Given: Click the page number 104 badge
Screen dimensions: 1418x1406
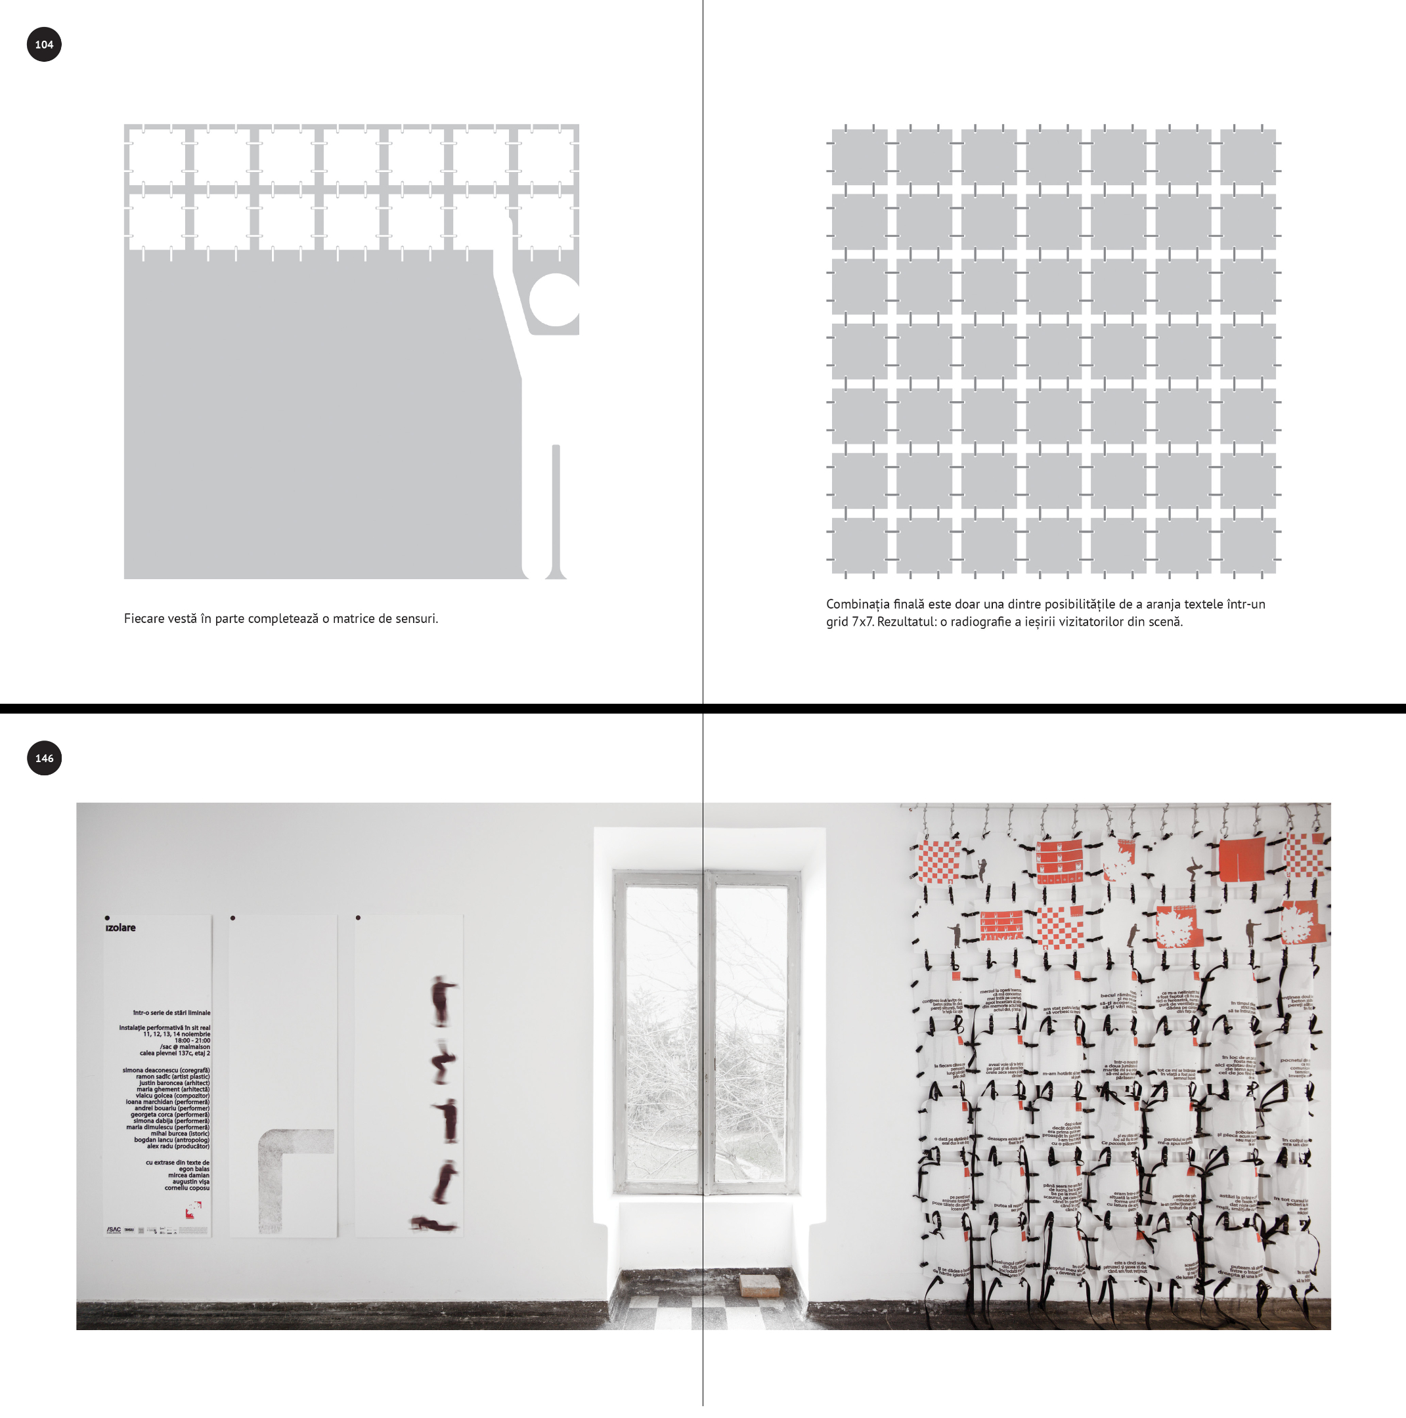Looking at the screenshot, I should pyautogui.click(x=44, y=44).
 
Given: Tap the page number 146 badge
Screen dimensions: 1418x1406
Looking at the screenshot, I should pyautogui.click(x=44, y=758).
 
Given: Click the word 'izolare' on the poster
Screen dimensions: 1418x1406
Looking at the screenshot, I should pyautogui.click(x=120, y=928).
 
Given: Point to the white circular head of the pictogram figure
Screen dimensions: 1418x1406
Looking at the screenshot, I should pyautogui.click(x=555, y=299).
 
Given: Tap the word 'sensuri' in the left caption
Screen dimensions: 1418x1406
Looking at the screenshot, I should pyautogui.click(x=416, y=618).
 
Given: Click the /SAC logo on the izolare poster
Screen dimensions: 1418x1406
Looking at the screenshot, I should pyautogui.click(x=113, y=1230).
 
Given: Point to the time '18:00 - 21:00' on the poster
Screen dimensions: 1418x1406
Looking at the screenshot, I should pyautogui.click(x=192, y=1040).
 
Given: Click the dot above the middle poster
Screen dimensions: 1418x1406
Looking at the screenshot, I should pyautogui.click(x=232, y=918).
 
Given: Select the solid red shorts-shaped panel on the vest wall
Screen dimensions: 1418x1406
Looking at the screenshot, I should pyautogui.click(x=1242, y=859).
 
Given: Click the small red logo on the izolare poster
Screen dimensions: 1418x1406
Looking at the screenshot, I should pyautogui.click(x=193, y=1209).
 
